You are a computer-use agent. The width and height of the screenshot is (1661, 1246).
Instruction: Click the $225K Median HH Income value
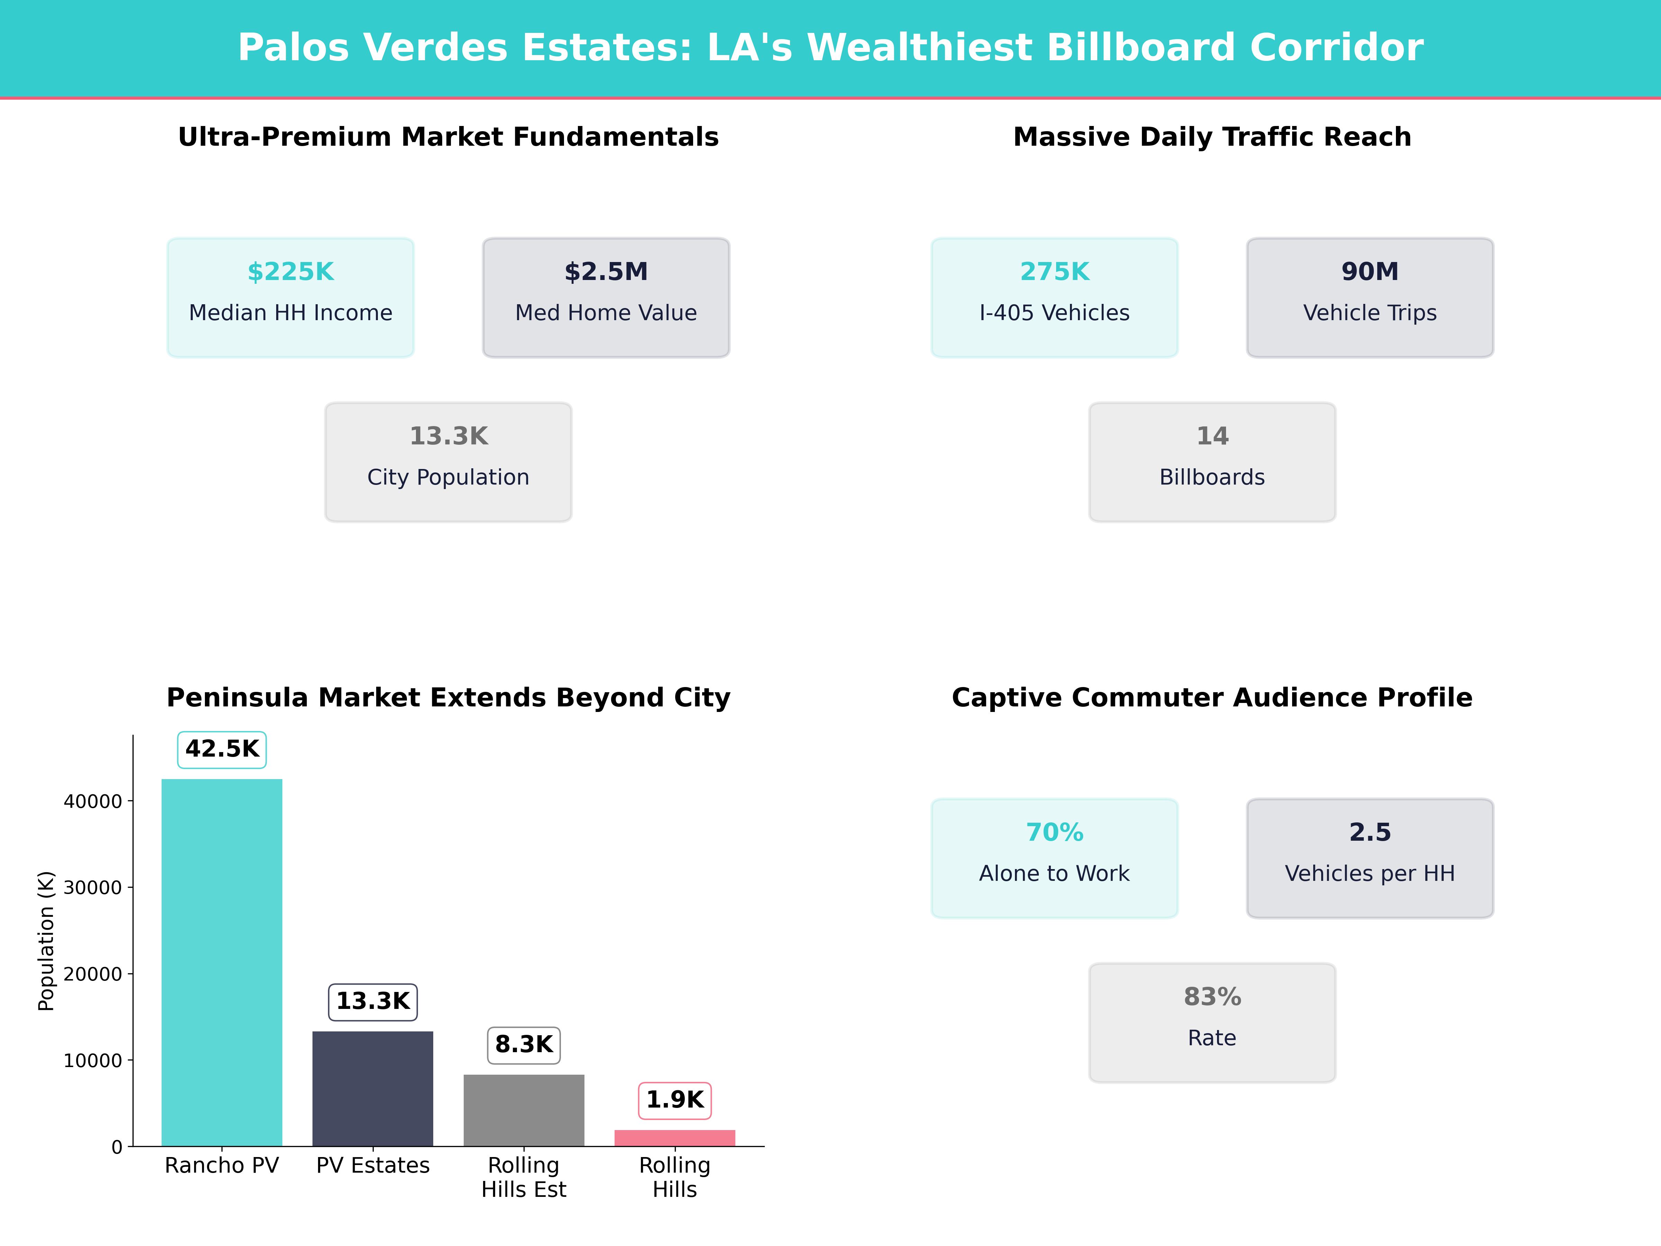pyautogui.click(x=291, y=272)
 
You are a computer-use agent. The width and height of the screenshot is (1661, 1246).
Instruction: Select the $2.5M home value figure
pyautogui.click(x=606, y=272)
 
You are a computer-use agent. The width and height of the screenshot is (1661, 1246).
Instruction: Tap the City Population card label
pyautogui.click(x=448, y=478)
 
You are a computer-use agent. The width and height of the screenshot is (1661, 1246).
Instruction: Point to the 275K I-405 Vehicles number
pyautogui.click(x=1054, y=272)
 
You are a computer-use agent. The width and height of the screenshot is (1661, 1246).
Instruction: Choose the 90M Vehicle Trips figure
pyautogui.click(x=1370, y=272)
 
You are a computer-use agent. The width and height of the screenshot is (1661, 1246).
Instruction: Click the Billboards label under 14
pyautogui.click(x=1212, y=478)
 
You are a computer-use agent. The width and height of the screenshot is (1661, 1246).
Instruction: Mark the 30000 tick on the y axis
pyautogui.click(x=92, y=888)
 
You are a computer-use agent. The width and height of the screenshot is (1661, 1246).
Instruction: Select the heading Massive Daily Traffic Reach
pyautogui.click(x=1212, y=137)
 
